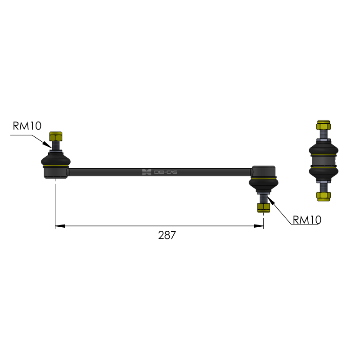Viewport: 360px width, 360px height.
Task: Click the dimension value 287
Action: point(167,235)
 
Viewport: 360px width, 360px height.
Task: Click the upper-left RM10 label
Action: point(27,126)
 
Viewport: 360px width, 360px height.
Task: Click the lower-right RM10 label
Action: point(307,220)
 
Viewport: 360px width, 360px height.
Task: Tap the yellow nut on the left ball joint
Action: point(56,136)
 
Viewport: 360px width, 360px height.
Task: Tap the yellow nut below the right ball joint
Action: point(264,207)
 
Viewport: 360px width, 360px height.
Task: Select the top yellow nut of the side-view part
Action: point(324,125)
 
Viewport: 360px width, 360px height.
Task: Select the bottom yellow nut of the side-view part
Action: point(324,196)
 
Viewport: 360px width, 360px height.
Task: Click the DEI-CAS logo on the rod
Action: point(160,172)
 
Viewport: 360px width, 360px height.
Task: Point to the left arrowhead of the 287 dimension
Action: point(60,226)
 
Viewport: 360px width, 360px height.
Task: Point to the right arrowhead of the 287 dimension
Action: point(258,226)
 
